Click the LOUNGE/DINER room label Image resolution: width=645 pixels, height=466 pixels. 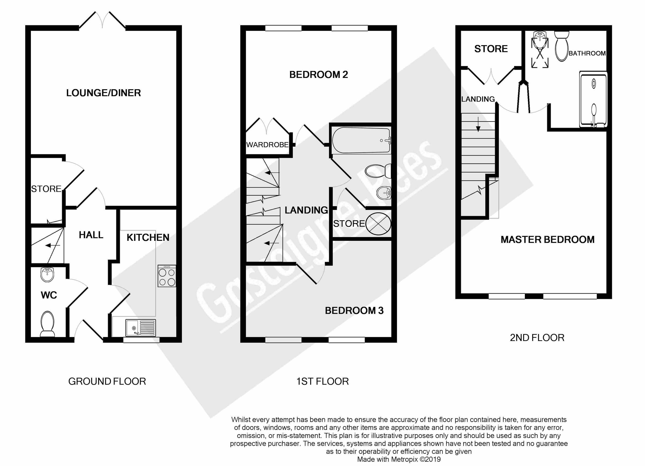coord(103,93)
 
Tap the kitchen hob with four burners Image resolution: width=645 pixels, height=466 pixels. coord(167,276)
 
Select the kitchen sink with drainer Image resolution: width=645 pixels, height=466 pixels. coord(141,328)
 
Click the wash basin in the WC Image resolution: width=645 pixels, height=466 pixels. coord(47,275)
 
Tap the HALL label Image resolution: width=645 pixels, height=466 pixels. coord(91,235)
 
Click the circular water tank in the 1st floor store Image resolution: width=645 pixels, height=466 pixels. coord(378,224)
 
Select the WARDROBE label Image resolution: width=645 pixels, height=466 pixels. coord(267,145)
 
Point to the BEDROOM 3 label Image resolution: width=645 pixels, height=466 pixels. coord(354,310)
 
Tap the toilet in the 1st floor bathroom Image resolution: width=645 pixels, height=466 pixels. coord(378,171)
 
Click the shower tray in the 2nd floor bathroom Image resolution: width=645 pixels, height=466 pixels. coord(593,99)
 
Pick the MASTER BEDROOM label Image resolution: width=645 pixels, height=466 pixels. coord(547,240)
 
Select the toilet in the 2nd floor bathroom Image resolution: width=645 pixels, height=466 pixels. coord(562,46)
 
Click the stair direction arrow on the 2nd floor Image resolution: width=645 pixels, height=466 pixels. coord(478,124)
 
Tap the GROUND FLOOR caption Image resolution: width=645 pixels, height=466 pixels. coord(107,381)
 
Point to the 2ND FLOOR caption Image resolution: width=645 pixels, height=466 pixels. coord(537,338)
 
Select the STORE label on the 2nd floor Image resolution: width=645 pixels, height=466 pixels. coord(491,49)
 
